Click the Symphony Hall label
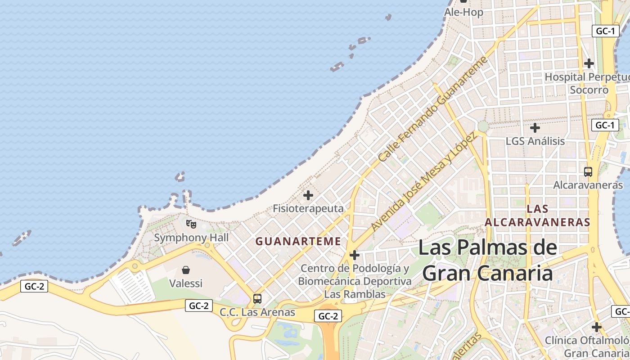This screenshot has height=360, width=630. click(x=191, y=238)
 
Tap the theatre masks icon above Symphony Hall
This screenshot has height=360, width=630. click(x=191, y=224)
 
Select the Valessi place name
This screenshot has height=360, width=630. click(x=186, y=283)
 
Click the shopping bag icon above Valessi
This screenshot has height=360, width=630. click(x=185, y=270)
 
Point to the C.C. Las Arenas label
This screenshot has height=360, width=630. click(x=257, y=312)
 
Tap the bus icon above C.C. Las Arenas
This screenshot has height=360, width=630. click(x=257, y=298)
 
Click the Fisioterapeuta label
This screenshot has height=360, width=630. click(x=308, y=208)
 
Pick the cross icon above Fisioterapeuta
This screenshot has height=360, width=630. click(x=308, y=195)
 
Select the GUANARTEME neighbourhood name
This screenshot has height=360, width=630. click(x=298, y=241)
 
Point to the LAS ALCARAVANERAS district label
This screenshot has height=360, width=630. click(x=537, y=215)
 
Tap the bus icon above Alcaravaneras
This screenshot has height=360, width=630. click(x=588, y=171)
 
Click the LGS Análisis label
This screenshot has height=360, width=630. click(x=535, y=141)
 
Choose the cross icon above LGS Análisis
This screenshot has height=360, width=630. click(x=535, y=128)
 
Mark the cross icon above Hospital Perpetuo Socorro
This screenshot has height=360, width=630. click(x=589, y=63)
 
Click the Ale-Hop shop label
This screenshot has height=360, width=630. click(x=463, y=12)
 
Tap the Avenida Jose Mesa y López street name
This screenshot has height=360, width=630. click(x=423, y=182)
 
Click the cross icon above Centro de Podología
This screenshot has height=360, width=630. click(x=355, y=255)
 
